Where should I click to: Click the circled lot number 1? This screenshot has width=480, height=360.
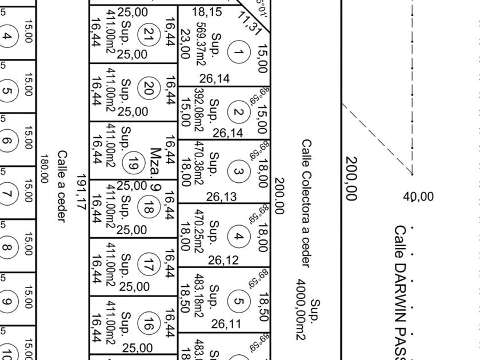239,53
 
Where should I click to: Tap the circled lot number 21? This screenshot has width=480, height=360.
150,33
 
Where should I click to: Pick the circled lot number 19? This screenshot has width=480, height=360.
134,161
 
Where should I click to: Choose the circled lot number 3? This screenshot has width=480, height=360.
239,171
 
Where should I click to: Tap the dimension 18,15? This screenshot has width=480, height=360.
207,11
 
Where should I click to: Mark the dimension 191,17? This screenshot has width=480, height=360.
81,192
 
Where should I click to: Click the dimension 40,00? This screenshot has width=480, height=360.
418,197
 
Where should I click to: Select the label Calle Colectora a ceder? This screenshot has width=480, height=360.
306,203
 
